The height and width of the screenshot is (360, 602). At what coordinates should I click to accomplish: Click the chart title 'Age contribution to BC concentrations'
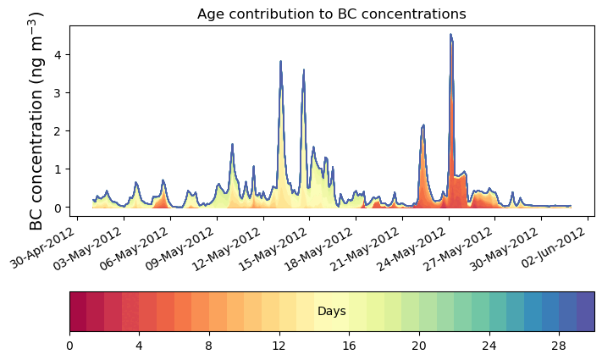[331, 14]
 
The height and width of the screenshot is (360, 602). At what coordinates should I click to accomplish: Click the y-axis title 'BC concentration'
[36, 121]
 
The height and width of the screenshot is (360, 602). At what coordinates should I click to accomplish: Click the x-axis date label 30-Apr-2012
[49, 246]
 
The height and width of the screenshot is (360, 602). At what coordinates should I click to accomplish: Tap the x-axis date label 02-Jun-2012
[560, 246]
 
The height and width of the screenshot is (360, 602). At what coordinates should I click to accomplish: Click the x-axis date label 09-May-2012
[142, 246]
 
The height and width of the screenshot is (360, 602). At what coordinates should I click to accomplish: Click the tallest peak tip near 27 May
[450, 35]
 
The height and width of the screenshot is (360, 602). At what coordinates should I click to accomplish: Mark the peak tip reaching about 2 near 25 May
[423, 125]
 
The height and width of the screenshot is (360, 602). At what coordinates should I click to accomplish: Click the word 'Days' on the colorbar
[331, 312]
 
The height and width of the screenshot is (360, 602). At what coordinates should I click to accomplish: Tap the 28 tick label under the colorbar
[559, 346]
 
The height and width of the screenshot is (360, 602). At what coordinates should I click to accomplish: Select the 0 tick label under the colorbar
[69, 346]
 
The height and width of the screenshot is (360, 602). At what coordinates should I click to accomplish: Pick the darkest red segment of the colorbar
[78, 312]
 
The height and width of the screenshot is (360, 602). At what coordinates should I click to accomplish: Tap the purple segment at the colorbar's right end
[585, 312]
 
